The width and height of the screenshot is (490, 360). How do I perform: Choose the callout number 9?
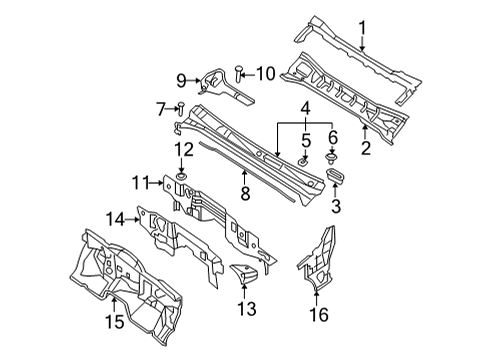[x=180, y=81]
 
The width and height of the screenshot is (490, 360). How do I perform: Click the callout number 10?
[x=264, y=72]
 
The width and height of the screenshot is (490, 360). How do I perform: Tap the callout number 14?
[x=117, y=217]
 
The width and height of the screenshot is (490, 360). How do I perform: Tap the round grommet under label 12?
[x=181, y=177]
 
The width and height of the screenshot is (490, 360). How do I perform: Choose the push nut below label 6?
[x=333, y=158]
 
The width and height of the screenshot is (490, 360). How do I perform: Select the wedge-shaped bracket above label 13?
[x=244, y=273]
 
